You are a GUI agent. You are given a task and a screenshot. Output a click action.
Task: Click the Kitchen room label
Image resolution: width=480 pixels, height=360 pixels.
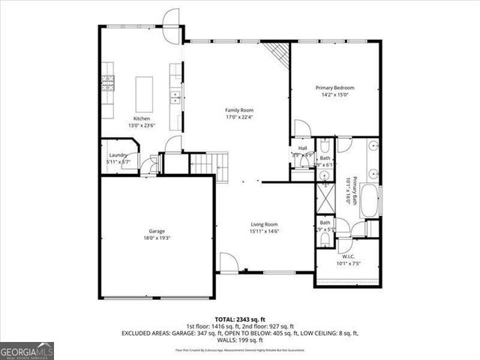click(142, 118)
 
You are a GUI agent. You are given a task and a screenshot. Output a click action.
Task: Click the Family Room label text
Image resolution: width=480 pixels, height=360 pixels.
click(239, 110)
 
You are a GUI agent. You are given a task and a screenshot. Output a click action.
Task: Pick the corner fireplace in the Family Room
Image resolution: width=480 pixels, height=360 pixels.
click(280, 54)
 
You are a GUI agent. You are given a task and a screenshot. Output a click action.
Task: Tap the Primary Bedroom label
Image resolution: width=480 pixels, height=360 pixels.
click(334, 88)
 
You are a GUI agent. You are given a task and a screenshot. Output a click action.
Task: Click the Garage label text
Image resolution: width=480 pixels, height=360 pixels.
click(156, 231)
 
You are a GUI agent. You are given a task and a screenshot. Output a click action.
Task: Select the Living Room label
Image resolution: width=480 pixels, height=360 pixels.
click(264, 224)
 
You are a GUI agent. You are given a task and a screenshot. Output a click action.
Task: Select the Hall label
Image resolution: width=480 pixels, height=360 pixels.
click(302, 148)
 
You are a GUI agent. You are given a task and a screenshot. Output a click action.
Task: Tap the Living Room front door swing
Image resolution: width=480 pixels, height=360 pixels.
click(228, 262)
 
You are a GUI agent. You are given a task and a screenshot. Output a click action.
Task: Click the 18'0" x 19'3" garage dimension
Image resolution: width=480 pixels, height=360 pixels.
click(156, 238)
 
